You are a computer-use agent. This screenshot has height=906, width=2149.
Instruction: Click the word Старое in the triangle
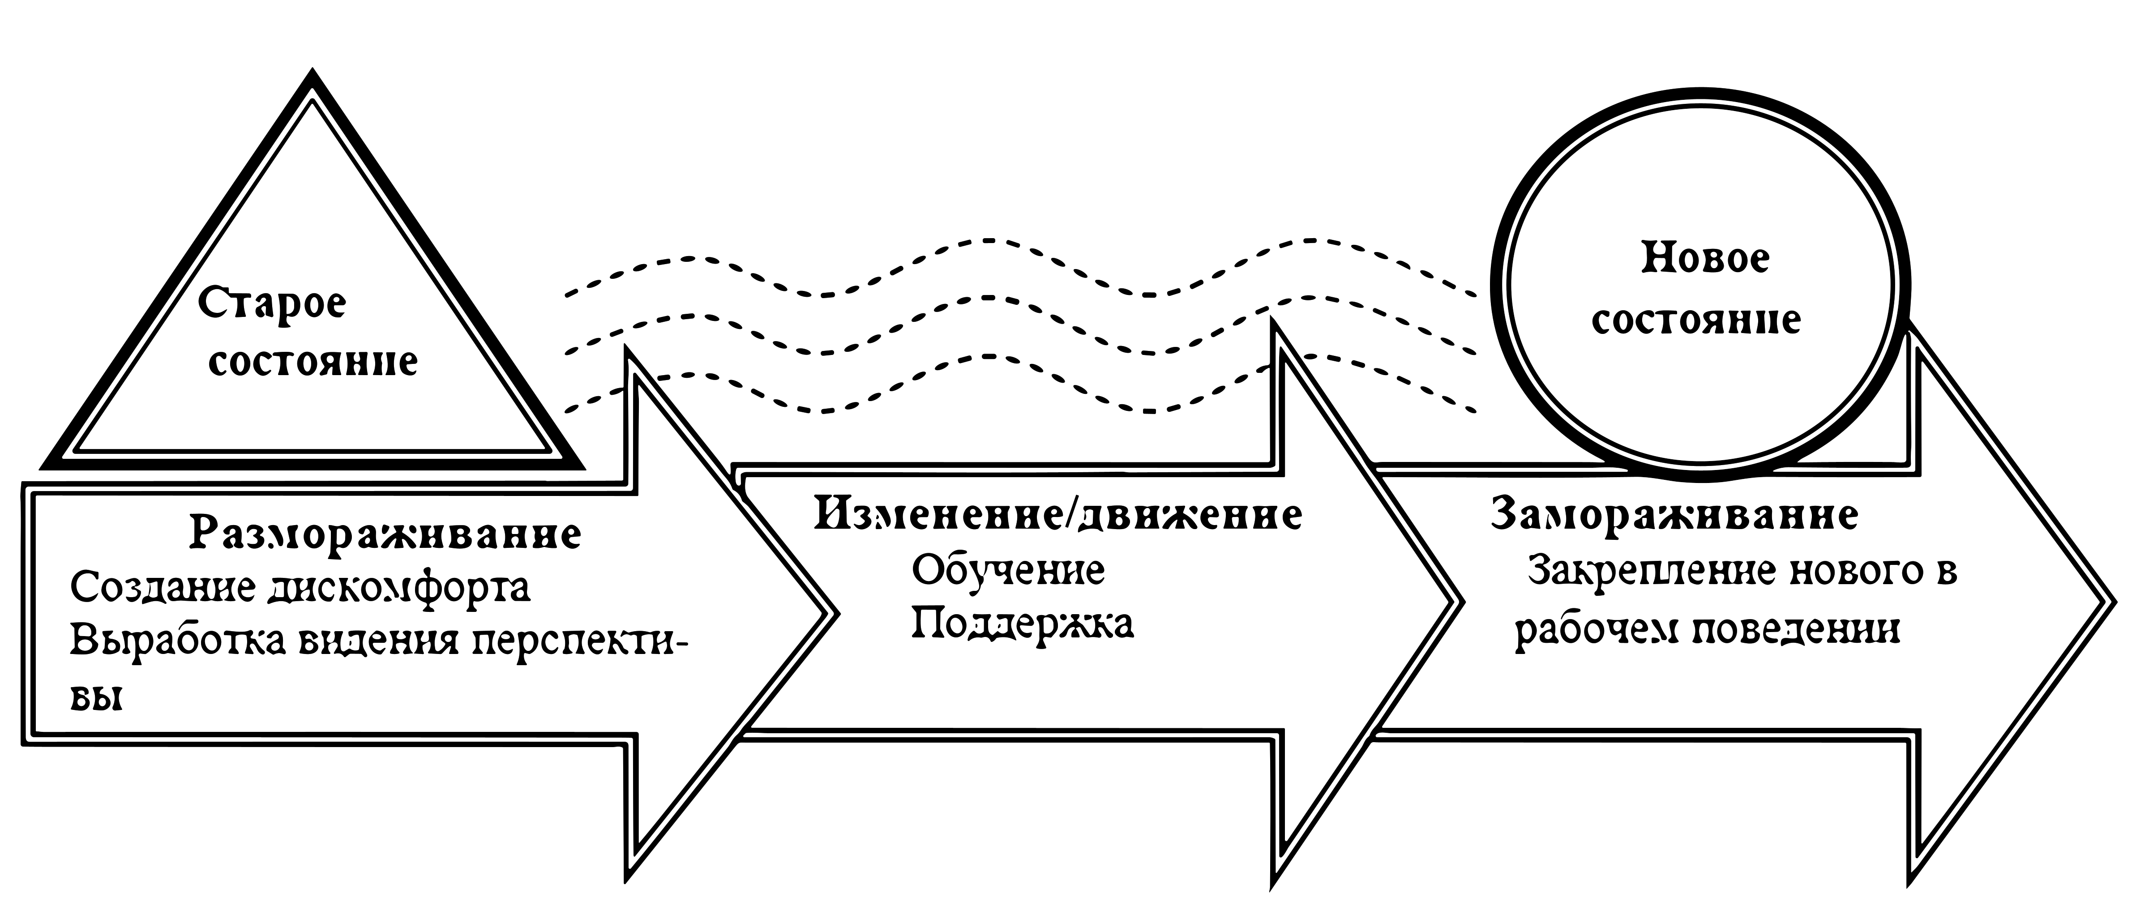[271, 303]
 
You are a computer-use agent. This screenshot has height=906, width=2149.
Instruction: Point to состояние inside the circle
[1696, 320]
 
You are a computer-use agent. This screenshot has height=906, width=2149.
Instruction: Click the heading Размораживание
[385, 532]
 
